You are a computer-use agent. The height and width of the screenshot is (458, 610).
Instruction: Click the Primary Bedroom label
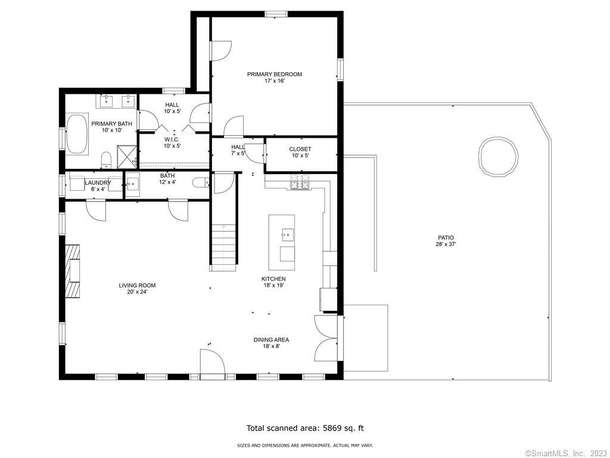[x=274, y=78]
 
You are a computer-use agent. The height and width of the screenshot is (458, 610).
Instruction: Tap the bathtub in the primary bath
[x=77, y=134]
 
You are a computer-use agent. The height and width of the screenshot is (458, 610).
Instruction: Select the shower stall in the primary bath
[x=127, y=157]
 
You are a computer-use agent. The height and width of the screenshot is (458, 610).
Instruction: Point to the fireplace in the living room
[x=72, y=271]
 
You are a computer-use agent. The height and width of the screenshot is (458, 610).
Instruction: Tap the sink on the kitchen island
[x=288, y=235]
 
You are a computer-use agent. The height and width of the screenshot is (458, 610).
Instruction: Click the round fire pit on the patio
[x=499, y=156]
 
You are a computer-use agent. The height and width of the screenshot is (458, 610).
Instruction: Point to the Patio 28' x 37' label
[x=446, y=241]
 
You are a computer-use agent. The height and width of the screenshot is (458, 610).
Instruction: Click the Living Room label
[x=137, y=289]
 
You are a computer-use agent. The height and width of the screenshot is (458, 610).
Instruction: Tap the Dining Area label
[x=271, y=343]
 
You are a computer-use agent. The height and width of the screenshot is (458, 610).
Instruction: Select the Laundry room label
[x=98, y=182]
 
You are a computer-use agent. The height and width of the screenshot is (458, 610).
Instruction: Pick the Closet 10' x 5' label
[x=300, y=152]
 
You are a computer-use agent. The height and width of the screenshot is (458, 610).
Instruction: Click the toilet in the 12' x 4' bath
[x=201, y=183]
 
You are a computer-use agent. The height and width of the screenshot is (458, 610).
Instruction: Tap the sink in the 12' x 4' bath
[x=132, y=183]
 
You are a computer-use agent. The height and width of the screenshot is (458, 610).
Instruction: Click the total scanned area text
[x=306, y=428]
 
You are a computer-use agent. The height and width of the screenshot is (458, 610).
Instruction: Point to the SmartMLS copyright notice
[x=567, y=453]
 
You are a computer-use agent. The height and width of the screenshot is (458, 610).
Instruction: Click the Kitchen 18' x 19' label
[x=273, y=282]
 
